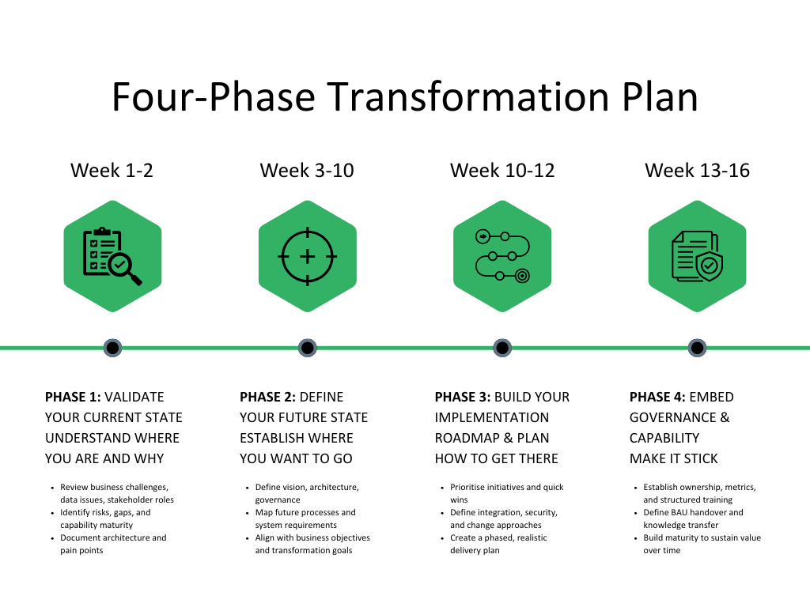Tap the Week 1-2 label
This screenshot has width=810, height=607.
pyautogui.click(x=112, y=170)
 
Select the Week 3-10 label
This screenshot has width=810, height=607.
pyautogui.click(x=307, y=170)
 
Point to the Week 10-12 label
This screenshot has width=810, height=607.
pyautogui.click(x=502, y=170)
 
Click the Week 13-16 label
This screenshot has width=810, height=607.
pyautogui.click(x=697, y=170)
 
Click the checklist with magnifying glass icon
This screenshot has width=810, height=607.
pyautogui.click(x=112, y=256)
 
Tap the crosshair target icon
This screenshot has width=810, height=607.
pyautogui.click(x=308, y=256)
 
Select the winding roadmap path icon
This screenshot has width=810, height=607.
pyautogui.click(x=502, y=256)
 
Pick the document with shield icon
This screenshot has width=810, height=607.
pyautogui.click(x=697, y=256)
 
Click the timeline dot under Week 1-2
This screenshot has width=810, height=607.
pyautogui.click(x=112, y=347)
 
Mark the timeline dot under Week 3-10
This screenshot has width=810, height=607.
pyautogui.click(x=308, y=347)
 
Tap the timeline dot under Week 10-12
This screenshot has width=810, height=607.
pyautogui.click(x=502, y=347)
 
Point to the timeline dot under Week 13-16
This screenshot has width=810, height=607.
pyautogui.click(x=697, y=347)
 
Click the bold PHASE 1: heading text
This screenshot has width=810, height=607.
pyautogui.click(x=73, y=397)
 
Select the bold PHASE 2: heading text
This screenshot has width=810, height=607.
pyautogui.click(x=268, y=397)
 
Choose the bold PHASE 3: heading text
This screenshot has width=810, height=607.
pyautogui.click(x=463, y=397)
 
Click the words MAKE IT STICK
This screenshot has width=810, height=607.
pyautogui.click(x=674, y=458)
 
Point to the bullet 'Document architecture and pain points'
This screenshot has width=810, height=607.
pyautogui.click(x=113, y=544)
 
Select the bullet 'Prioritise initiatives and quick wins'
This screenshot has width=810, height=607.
pyautogui.click(x=506, y=493)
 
